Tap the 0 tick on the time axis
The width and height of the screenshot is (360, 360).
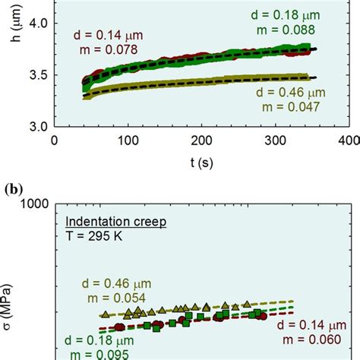(53, 141)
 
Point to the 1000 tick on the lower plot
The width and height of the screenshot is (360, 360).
(33, 204)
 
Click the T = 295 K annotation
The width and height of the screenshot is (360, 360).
(90, 235)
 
